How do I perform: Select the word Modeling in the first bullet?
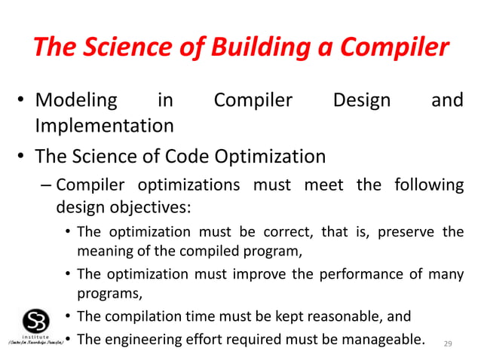pyautogui.click(x=77, y=100)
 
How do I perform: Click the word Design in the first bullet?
pyautogui.click(x=362, y=100)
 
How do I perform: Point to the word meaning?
pyautogui.click(x=105, y=251)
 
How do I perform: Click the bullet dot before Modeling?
pyautogui.click(x=23, y=101)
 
